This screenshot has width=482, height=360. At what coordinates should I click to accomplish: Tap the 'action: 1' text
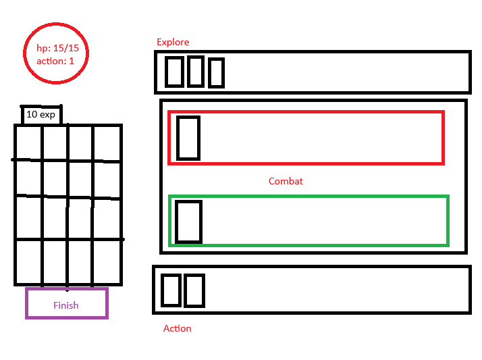click(x=56, y=60)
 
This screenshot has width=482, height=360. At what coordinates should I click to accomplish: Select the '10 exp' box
click(x=41, y=115)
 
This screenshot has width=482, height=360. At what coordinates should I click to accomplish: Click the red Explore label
click(x=173, y=42)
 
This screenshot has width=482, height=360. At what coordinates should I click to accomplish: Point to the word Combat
click(x=286, y=181)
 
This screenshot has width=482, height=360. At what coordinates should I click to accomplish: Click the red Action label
click(x=178, y=328)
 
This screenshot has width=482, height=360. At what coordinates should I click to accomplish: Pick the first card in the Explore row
click(x=174, y=72)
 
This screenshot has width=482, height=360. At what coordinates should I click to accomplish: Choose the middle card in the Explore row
click(x=195, y=71)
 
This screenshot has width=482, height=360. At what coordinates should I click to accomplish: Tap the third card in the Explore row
click(x=216, y=73)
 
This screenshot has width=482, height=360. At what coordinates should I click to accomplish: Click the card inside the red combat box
click(x=188, y=138)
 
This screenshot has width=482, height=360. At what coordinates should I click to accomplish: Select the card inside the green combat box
click(x=188, y=221)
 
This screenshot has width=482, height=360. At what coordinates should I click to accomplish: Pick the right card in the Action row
click(x=194, y=290)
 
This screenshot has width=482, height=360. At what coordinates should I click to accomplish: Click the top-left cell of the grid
click(x=29, y=143)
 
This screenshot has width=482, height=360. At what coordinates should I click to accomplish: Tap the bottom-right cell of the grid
click(x=107, y=261)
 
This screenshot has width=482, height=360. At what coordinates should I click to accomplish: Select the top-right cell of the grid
click(x=107, y=143)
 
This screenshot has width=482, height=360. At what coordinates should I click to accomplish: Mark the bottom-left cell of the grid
click(x=29, y=261)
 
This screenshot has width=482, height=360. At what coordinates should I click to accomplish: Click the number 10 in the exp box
click(x=32, y=115)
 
